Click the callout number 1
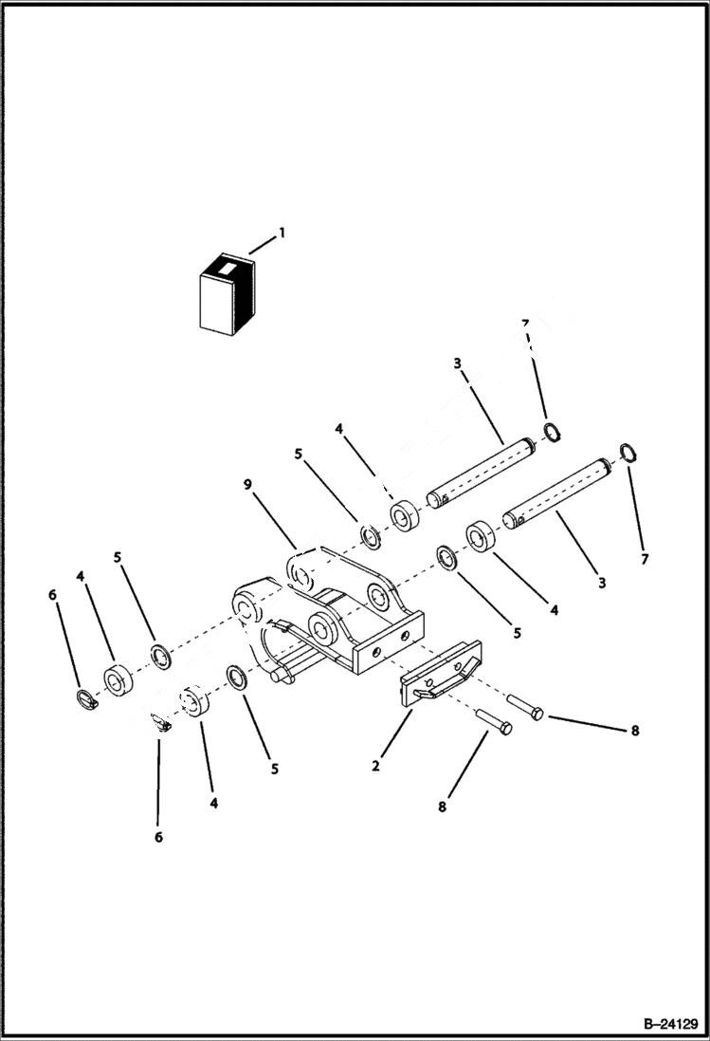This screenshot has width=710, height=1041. tap(282, 232)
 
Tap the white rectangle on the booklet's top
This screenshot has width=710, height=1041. tap(226, 270)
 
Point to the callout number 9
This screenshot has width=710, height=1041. tap(247, 485)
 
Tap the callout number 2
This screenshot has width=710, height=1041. tap(376, 766)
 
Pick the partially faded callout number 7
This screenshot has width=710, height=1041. tap(524, 325)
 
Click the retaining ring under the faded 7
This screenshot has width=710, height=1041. tap(553, 434)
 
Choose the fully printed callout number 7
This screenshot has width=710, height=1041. tap(645, 559)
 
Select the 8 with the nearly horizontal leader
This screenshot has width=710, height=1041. tap(634, 731)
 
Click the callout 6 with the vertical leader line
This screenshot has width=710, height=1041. tap(158, 837)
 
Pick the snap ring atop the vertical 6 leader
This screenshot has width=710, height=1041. tap(160, 722)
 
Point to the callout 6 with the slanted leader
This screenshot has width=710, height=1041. tap(53, 594)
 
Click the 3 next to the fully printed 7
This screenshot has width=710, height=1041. tap(601, 582)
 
